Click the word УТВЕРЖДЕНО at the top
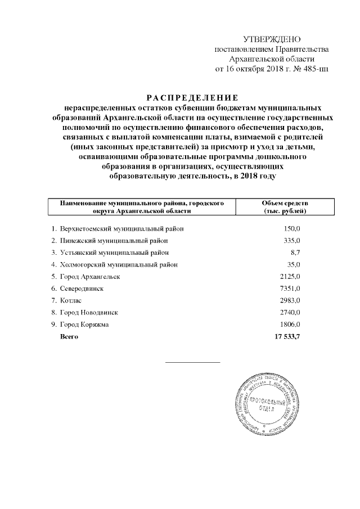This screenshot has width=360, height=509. pos(272,39)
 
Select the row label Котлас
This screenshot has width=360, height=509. pos(71,300)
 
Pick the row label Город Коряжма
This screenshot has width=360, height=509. pos(84,325)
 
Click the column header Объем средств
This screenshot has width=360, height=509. pos(285,202)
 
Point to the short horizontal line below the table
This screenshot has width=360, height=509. pos(192,362)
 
